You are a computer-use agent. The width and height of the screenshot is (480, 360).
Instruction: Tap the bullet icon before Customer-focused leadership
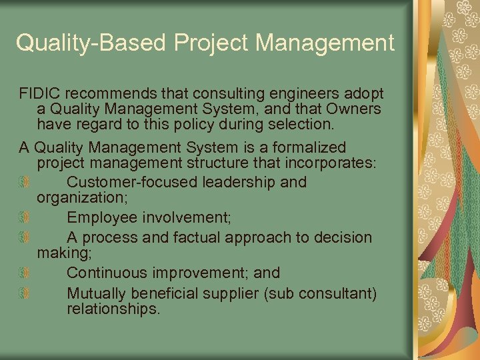(x=23, y=182)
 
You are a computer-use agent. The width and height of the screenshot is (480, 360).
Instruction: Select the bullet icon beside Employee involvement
(x=23, y=217)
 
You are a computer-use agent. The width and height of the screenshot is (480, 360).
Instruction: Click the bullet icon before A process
(x=23, y=238)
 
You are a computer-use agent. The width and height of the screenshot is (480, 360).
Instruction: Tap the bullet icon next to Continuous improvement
(x=23, y=273)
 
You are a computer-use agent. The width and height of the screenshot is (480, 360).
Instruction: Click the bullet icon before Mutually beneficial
(x=23, y=294)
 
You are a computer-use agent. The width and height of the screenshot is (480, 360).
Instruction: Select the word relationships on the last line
(x=113, y=309)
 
